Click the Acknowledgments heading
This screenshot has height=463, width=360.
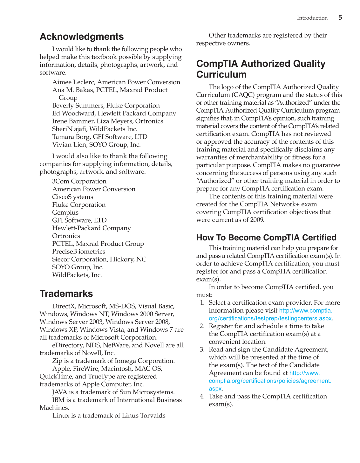pos(82,37)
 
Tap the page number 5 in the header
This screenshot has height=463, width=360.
pos(340,17)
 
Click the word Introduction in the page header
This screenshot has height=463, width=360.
pos(312,18)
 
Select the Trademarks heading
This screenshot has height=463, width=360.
pos(66,294)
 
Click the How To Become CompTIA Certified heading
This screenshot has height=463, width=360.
pos(266,238)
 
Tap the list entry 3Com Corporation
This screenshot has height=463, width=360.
pos(79,182)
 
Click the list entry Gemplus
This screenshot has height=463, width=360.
pos(65,213)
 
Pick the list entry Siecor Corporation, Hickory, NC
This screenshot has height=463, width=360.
pos(99,259)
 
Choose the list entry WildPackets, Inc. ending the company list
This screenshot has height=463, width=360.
pos(77,275)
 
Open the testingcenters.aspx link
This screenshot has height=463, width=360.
pos(270,318)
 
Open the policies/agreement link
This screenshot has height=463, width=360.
pos(270,381)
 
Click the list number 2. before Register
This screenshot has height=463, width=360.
pos(202,326)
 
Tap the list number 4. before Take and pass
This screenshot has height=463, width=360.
pos(202,397)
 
